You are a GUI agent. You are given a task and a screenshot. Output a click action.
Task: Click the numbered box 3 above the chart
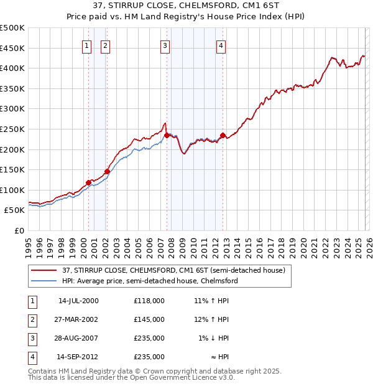165,45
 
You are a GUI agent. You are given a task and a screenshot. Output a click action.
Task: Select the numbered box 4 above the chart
221,45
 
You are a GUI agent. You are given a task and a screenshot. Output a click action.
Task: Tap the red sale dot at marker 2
107,171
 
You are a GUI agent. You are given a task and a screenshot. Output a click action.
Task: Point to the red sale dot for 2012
223,135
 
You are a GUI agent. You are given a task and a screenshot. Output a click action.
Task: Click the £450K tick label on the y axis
12,48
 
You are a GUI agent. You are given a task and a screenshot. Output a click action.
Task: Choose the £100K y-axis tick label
12,190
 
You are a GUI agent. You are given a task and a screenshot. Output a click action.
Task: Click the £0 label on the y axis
19,230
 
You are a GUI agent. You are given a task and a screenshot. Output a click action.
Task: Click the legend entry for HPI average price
150,281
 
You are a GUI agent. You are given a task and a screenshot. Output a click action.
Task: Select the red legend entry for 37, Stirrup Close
173,270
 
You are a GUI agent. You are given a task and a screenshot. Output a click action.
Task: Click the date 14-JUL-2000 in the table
78,301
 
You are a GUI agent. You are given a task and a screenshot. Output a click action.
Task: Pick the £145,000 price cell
149,319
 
